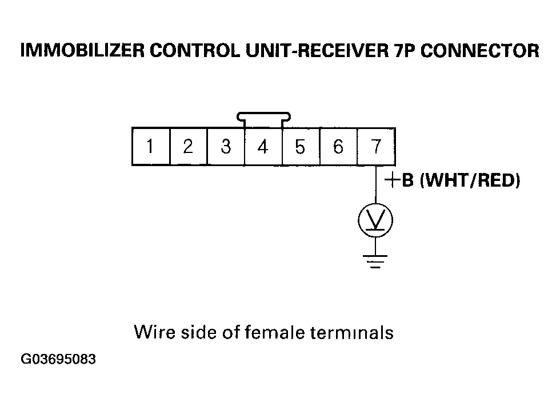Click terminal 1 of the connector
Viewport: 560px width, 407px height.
151,147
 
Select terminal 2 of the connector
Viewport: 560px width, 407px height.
189,147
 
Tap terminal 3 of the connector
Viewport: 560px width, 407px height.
226,147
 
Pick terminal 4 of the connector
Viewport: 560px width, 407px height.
263,147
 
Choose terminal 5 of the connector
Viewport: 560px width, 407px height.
301,147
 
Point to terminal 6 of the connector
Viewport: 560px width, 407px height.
338,147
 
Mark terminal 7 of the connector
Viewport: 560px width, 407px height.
376,147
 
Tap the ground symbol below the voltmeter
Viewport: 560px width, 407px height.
375,261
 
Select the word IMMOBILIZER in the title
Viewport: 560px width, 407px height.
82,51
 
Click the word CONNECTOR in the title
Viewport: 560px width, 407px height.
479,51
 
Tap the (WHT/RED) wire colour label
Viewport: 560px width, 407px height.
470,180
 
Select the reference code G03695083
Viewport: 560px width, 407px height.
58,359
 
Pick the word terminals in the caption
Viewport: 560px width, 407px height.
352,332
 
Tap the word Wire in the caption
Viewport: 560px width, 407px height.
155,332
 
